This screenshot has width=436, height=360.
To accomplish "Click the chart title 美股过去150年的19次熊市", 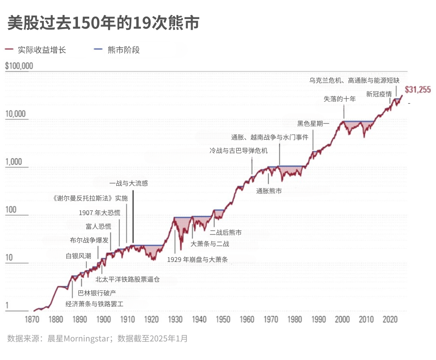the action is click(103, 23).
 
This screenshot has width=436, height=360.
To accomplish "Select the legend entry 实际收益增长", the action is click(36, 50).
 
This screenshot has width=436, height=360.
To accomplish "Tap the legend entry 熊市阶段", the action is click(117, 50).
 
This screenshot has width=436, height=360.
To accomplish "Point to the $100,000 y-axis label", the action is click(19, 66).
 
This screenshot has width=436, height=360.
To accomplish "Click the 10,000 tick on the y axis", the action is click(15, 114).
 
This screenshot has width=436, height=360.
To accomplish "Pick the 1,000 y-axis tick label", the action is click(14, 161).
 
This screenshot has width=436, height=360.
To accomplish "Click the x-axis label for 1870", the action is click(32, 319).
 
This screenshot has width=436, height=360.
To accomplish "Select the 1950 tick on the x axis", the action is click(223, 319).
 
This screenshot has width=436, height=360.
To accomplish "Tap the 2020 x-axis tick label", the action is click(390, 319).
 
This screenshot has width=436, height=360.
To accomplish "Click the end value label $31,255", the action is click(418, 90).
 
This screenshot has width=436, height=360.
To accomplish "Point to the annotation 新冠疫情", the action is click(379, 94).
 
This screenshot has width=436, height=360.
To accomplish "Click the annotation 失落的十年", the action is click(340, 99).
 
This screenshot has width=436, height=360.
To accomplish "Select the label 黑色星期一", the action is click(313, 123).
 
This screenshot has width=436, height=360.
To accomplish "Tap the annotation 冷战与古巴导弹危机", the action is click(239, 151).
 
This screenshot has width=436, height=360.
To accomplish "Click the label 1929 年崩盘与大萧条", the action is click(197, 260).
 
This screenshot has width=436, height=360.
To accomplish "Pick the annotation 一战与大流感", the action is click(129, 183).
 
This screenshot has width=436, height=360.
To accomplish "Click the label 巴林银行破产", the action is click(97, 293).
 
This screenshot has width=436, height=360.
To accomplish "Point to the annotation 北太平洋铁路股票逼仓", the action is click(128, 279).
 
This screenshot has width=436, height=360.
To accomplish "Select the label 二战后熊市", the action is click(226, 232).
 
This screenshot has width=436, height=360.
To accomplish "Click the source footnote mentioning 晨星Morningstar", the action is click(97, 339).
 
